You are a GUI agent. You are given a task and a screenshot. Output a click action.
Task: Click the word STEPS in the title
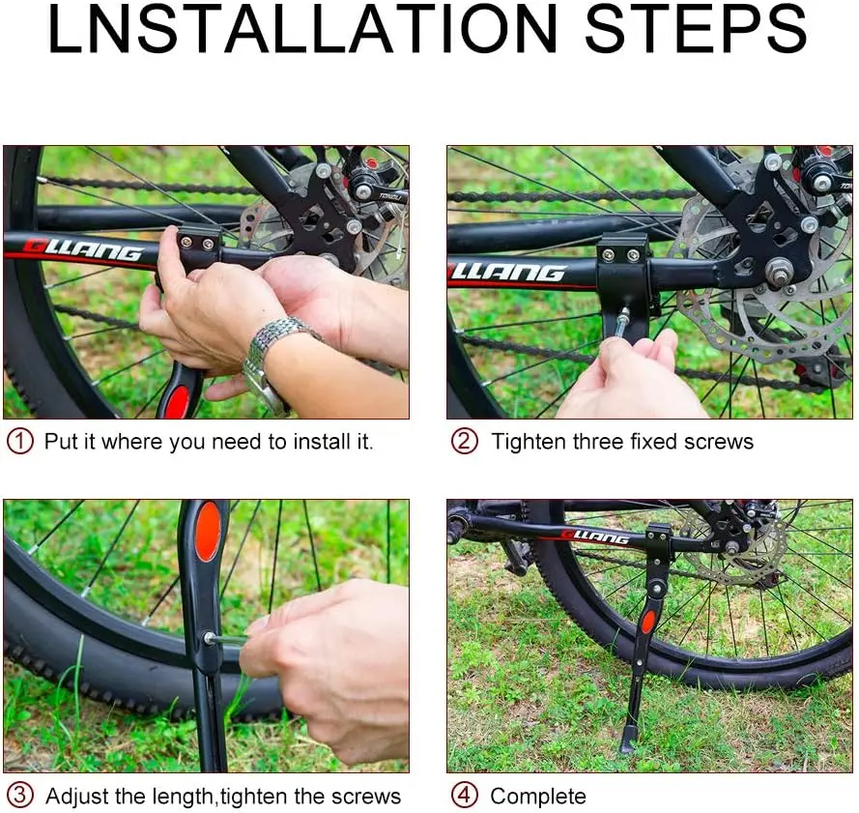(697, 29)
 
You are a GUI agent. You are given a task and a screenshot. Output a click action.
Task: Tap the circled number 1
(20, 442)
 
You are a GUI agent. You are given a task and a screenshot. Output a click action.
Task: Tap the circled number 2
(464, 442)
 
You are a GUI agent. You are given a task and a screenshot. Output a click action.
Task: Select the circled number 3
(20, 796)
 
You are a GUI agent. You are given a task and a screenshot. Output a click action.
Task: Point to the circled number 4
(464, 796)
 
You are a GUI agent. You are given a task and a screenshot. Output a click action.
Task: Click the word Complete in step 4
(538, 797)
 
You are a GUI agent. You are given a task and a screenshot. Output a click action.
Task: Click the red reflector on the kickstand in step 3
(208, 532)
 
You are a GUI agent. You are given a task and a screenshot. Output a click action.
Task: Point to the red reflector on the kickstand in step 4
(648, 622)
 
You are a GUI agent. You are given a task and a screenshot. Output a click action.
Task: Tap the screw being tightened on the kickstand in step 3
(210, 638)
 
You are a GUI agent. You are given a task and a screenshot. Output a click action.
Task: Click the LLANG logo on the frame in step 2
(507, 273)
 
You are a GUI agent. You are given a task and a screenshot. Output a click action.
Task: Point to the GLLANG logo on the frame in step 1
(83, 250)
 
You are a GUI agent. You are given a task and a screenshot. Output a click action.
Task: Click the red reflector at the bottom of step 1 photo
(177, 401)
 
